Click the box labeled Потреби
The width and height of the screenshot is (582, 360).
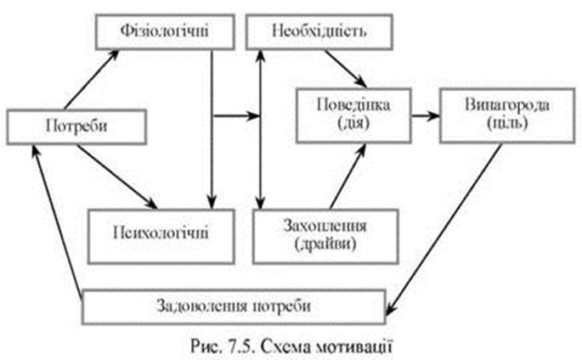click(x=74, y=128)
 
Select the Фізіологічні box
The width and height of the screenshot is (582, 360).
click(x=163, y=35)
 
